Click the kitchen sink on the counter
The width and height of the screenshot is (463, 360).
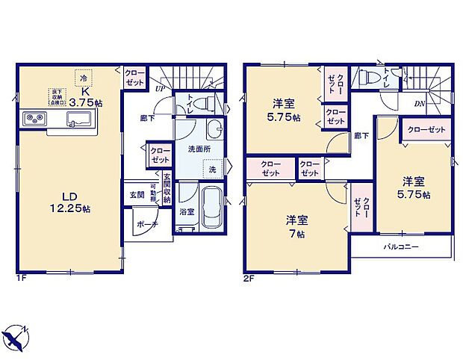[78, 119]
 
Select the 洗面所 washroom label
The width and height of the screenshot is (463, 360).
[198, 149]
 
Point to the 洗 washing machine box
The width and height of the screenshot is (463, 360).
[212, 169]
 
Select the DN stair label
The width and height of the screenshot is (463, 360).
[420, 104]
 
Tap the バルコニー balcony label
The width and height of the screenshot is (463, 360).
[402, 246]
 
